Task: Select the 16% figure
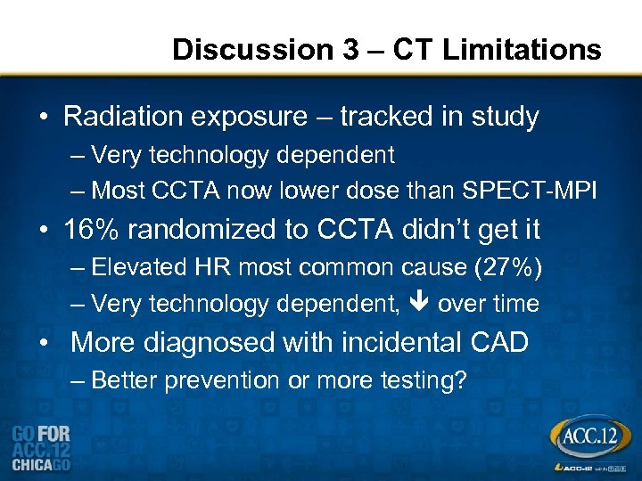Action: tap(89, 230)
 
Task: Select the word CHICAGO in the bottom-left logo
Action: tap(40, 465)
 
